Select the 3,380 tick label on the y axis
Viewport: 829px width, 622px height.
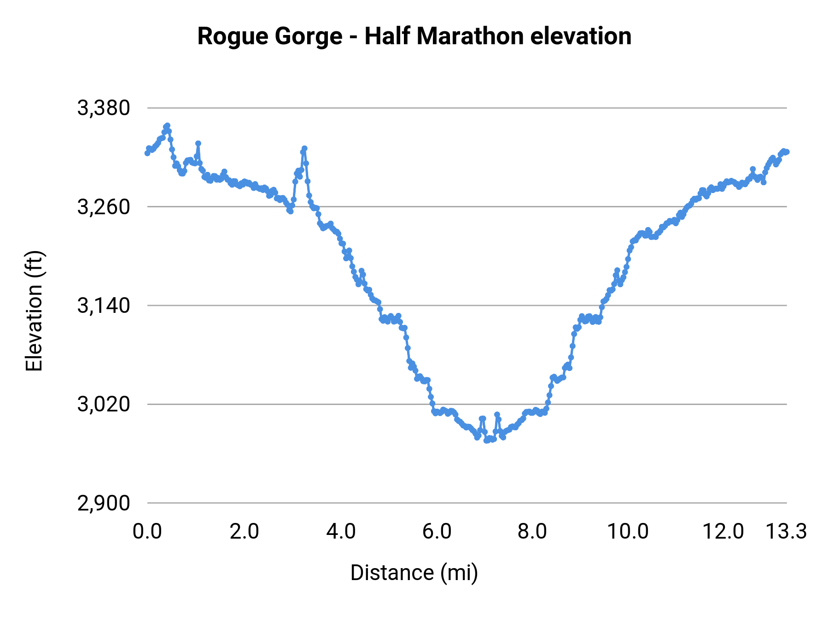tap(104, 108)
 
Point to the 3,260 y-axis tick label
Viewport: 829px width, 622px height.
tap(104, 207)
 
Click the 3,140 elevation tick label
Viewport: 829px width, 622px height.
tap(104, 305)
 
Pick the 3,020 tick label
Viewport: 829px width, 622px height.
tap(104, 405)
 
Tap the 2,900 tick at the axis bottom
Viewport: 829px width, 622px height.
tap(104, 503)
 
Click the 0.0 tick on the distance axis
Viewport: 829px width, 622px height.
tap(147, 532)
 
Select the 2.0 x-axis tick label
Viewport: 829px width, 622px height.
tap(244, 532)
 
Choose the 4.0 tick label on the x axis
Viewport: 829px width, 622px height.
tap(341, 532)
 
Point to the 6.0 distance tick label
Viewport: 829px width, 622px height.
tap(437, 532)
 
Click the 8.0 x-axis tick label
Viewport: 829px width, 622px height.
tap(532, 532)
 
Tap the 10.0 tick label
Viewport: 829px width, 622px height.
tap(628, 532)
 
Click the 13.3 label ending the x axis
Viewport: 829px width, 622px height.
tap(786, 532)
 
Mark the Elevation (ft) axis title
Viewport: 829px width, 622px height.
tap(34, 311)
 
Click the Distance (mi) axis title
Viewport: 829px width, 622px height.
tap(414, 573)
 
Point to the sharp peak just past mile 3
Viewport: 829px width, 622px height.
tap(304, 148)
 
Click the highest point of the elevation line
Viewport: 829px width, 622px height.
tap(168, 125)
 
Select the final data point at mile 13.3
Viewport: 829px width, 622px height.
tap(787, 152)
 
